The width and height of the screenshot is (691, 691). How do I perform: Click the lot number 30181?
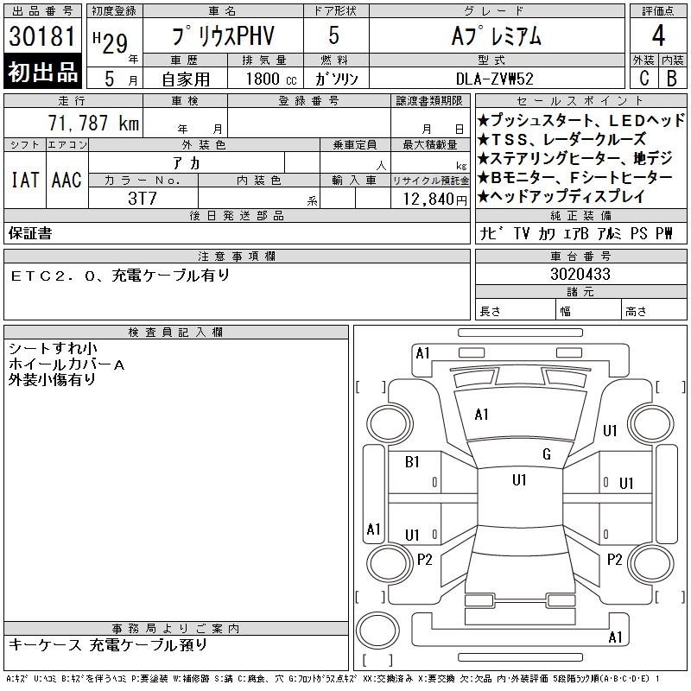click(x=42, y=36)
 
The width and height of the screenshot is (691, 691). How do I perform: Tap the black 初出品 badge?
click(x=42, y=72)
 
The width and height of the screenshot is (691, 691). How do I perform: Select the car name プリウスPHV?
click(x=223, y=35)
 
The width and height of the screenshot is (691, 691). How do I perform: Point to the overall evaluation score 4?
click(x=658, y=35)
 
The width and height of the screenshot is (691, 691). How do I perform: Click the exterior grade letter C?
click(x=644, y=78)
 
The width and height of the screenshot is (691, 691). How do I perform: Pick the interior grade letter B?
click(x=672, y=78)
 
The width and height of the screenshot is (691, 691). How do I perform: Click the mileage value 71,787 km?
click(x=93, y=123)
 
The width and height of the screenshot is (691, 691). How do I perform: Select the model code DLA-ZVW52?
click(x=495, y=79)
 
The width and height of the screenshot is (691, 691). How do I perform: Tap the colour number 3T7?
click(x=143, y=199)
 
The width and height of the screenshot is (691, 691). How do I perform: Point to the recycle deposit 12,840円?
click(x=435, y=200)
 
